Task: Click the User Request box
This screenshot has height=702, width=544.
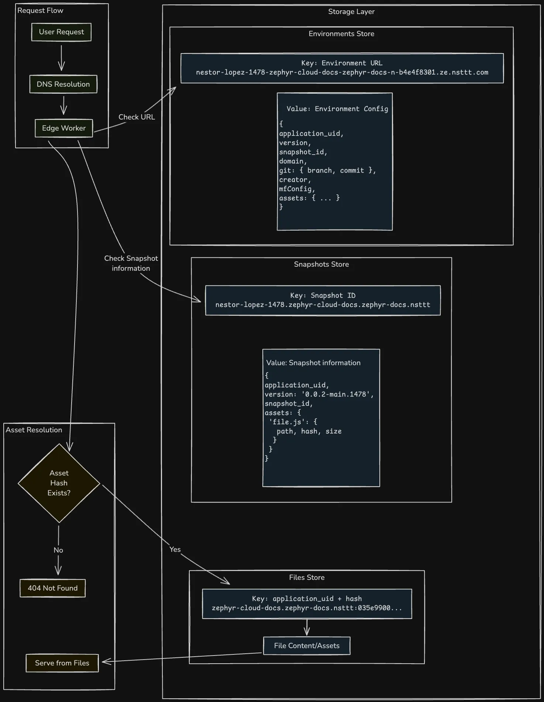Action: click(61, 32)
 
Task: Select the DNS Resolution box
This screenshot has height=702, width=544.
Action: click(63, 84)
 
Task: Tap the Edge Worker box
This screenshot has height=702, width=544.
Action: click(64, 128)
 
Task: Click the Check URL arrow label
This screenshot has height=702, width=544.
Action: click(137, 117)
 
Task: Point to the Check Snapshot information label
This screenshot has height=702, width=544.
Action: click(131, 263)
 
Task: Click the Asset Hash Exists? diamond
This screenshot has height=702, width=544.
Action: click(59, 483)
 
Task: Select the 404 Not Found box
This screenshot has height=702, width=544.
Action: click(52, 588)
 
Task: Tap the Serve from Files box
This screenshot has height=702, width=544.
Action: click(62, 663)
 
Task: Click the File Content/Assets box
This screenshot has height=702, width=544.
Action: click(307, 646)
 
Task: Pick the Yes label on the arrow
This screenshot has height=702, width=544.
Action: click(175, 549)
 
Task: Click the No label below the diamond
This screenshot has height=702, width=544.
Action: click(58, 550)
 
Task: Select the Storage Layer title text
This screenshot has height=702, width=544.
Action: click(351, 12)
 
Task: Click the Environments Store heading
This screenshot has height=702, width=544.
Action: click(341, 34)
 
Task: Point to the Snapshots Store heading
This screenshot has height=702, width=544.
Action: click(321, 264)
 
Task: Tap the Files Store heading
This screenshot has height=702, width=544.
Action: click(307, 578)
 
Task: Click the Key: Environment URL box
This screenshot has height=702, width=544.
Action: click(342, 68)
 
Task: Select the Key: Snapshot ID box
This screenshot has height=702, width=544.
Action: click(323, 300)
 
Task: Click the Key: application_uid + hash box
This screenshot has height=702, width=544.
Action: click(307, 604)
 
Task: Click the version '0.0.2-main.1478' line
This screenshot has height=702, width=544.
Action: click(319, 394)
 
